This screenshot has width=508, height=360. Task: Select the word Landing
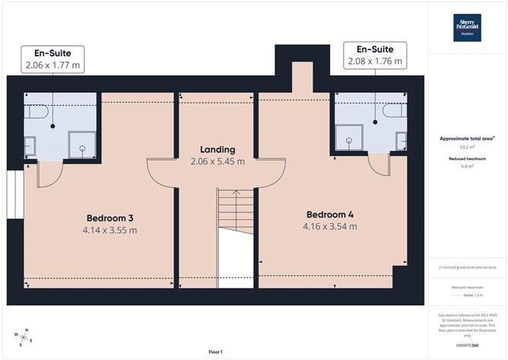[x=217, y=149]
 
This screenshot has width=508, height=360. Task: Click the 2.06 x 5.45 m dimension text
[x=217, y=161]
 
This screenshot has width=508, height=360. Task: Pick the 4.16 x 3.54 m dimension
[x=329, y=225]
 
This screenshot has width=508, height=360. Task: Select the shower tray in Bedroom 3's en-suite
[x=78, y=142]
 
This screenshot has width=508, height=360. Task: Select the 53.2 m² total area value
[x=467, y=148]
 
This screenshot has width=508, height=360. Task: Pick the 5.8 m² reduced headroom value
[x=467, y=166]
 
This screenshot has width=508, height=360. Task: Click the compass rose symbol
[x=24, y=336]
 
